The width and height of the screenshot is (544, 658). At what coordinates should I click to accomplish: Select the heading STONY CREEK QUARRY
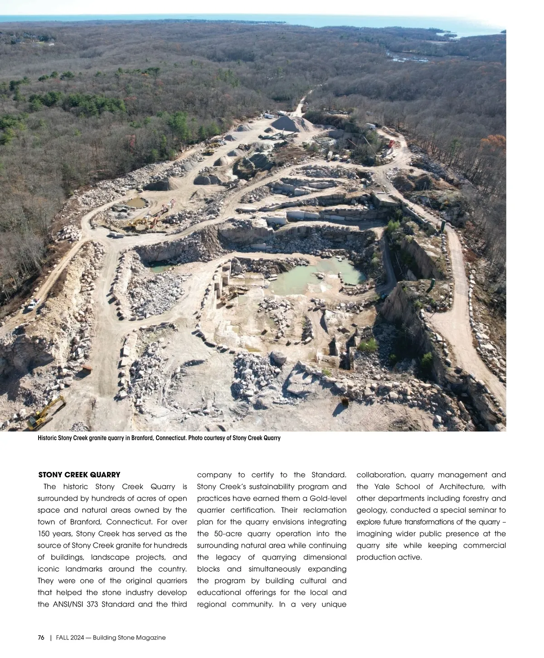[x=79, y=475]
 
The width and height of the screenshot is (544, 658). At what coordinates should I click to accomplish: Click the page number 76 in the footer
[x=41, y=638]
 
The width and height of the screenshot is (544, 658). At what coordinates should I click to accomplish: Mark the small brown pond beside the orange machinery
[x=135, y=202]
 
